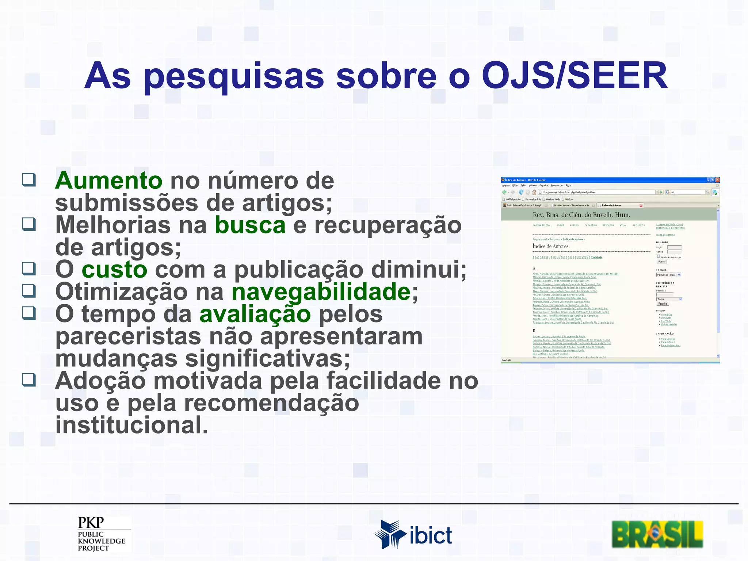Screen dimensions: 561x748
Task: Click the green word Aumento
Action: coord(108,180)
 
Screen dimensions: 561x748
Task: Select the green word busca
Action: coord(250,225)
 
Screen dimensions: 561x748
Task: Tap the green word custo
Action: coord(114,270)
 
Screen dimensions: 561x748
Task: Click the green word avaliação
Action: coord(255,314)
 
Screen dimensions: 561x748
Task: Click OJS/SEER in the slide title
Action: coord(575,76)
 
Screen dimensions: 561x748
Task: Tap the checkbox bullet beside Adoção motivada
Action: coord(29,379)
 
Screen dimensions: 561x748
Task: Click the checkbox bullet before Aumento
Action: coord(29,179)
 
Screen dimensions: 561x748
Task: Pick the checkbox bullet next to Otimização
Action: coord(29,291)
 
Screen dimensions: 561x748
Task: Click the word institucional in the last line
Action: coord(131,425)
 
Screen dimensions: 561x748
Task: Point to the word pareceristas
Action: coord(128,336)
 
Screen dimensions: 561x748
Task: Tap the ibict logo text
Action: coord(431,536)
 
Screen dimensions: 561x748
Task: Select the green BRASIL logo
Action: coord(657,534)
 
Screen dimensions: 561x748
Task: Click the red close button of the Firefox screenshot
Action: coord(717,180)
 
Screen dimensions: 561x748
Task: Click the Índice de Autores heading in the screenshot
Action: coord(550,247)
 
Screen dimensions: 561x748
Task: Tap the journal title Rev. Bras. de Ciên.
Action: coord(581,215)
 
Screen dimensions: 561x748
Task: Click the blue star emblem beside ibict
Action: coord(389,534)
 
